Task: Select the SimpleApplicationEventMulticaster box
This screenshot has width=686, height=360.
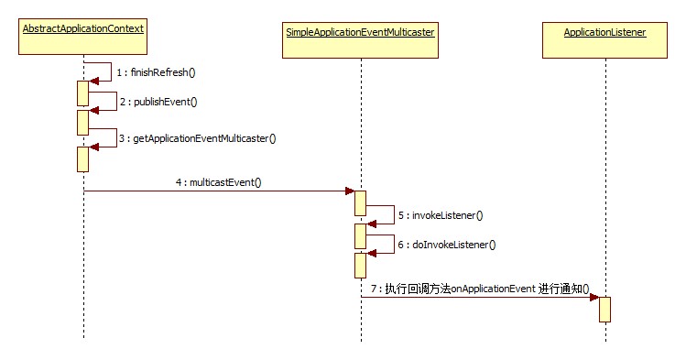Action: click(x=360, y=32)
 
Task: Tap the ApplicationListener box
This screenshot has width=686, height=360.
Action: click(x=605, y=32)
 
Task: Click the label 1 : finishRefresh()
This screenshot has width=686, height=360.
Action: click(x=157, y=71)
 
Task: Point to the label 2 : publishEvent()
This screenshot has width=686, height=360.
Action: click(x=158, y=102)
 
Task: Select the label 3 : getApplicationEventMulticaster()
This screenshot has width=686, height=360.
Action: click(x=197, y=138)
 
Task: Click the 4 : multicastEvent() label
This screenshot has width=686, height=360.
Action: click(x=219, y=181)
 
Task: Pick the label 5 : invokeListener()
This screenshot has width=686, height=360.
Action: click(x=441, y=215)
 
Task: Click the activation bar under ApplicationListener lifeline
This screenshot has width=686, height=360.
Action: click(x=605, y=309)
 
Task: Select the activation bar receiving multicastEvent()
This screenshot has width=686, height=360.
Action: click(x=361, y=204)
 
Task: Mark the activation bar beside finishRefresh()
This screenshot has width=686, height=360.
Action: click(x=83, y=93)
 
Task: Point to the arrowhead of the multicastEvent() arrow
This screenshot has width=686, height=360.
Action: click(x=349, y=191)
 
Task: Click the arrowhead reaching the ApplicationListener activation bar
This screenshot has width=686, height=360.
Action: click(x=593, y=297)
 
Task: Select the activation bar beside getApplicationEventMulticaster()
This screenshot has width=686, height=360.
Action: click(x=83, y=158)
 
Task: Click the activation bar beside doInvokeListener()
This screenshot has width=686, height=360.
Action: click(x=361, y=266)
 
